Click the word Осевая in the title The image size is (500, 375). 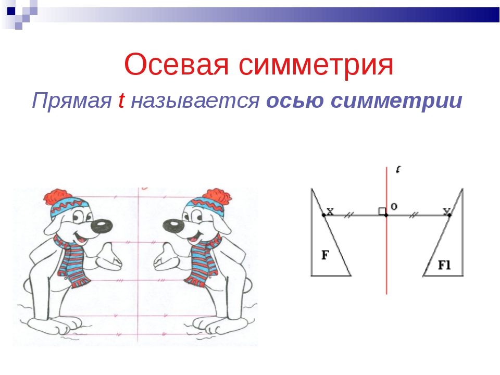click(177, 65)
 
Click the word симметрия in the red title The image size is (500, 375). click(316, 65)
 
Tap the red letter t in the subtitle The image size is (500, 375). click(121, 100)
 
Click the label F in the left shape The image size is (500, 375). click(325, 255)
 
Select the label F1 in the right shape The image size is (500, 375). click(444, 265)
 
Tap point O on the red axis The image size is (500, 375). click(386, 215)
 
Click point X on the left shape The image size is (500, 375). click(324, 215)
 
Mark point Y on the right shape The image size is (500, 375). click(449, 215)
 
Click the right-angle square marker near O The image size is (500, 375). click(382, 211)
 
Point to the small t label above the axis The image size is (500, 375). click(398, 169)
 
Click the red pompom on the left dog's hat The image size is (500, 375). click(57, 197)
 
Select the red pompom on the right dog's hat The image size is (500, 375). click(217, 197)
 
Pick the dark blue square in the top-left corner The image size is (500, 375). click(11, 11)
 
